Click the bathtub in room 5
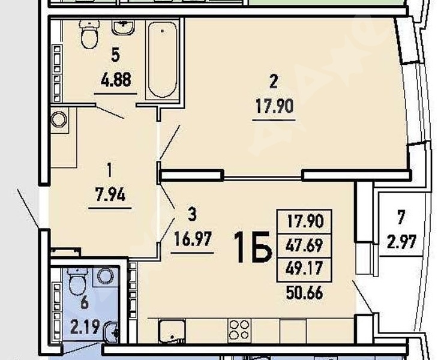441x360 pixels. tap(163, 59)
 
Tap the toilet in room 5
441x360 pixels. tap(90, 34)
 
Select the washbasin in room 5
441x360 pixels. tap(123, 27)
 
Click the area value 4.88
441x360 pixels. tap(116, 80)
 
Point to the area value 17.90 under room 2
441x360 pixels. tap(274, 107)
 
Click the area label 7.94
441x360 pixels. tap(110, 194)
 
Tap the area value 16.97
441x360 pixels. tap(193, 239)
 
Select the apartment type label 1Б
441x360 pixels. tap(253, 247)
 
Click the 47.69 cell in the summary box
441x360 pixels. tap(304, 245)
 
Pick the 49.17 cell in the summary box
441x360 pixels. tap(304, 268)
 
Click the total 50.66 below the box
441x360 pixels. tap(304, 293)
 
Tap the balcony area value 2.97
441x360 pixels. tap(401, 242)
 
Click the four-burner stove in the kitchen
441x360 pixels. tap(239, 329)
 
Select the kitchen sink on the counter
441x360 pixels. tap(172, 331)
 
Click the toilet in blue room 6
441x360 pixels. tap(78, 281)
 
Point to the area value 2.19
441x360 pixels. tap(85, 326)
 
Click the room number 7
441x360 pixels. tap(401, 218)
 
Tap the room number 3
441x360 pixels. tap(192, 215)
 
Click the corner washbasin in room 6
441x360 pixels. tap(112, 333)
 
